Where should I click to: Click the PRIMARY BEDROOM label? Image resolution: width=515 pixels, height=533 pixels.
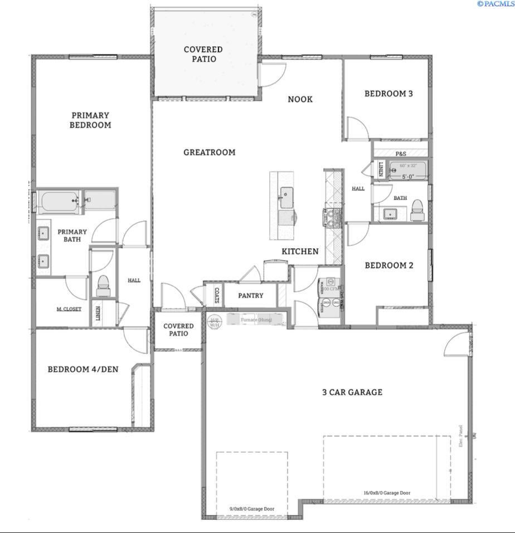pyautogui.click(x=90, y=120)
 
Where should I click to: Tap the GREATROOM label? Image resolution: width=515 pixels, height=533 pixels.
pyautogui.click(x=210, y=152)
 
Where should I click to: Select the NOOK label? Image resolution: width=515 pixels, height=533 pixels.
pyautogui.click(x=300, y=99)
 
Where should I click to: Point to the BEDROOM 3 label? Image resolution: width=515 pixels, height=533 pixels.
pyautogui.click(x=388, y=94)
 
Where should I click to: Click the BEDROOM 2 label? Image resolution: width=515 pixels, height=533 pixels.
pyautogui.click(x=389, y=265)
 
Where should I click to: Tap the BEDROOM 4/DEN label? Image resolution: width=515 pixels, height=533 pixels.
pyautogui.click(x=83, y=369)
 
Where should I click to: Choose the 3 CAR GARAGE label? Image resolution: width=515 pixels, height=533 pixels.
pyautogui.click(x=352, y=392)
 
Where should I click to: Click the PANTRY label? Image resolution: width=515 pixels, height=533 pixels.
pyautogui.click(x=251, y=295)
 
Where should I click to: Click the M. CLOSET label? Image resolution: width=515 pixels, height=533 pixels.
pyautogui.click(x=69, y=309)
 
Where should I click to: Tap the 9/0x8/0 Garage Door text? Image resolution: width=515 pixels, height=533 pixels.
pyautogui.click(x=252, y=508)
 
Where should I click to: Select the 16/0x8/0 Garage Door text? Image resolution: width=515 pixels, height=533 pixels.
pyautogui.click(x=387, y=493)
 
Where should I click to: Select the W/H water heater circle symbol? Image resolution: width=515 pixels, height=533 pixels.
pyautogui.click(x=215, y=321)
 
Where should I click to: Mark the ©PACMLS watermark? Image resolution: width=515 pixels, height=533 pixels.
pyautogui.click(x=495, y=4)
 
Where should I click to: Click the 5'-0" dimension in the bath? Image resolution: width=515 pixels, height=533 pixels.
pyautogui.click(x=409, y=177)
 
